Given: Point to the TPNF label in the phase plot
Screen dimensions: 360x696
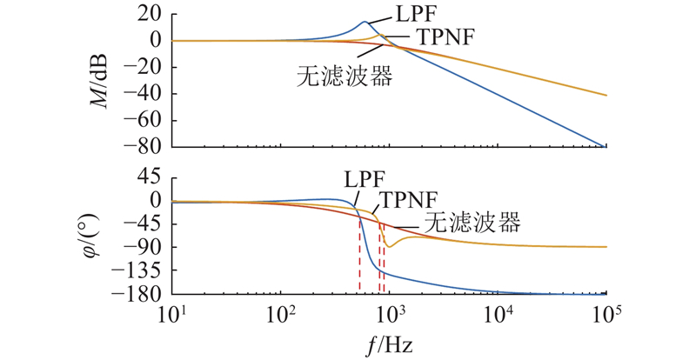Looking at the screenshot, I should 407,199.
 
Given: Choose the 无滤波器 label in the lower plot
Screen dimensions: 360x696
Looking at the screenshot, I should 473,223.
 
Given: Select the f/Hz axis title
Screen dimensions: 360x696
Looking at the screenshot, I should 389,344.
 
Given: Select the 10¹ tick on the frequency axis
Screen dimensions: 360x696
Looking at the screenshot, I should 172,312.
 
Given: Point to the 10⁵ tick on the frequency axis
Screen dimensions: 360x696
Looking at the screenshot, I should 606,312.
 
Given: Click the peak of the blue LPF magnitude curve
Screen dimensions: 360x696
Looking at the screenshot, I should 365,23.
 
